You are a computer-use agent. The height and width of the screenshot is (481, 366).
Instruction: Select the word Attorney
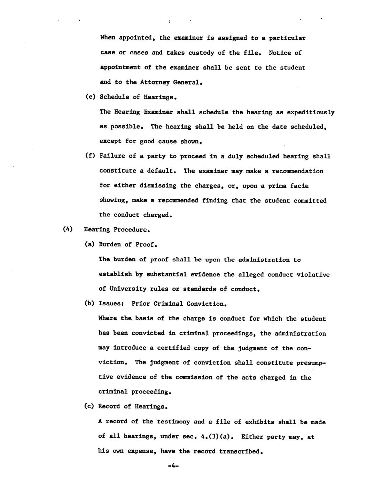click(154, 82)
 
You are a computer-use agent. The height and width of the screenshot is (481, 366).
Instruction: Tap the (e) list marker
click(90, 97)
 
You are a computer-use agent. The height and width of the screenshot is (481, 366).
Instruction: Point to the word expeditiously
click(311, 112)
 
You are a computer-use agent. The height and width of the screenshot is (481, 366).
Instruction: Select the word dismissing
click(158, 185)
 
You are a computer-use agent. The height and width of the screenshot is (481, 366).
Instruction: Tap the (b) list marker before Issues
click(89, 304)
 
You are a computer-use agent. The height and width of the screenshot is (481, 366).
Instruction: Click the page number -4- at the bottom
click(173, 466)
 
